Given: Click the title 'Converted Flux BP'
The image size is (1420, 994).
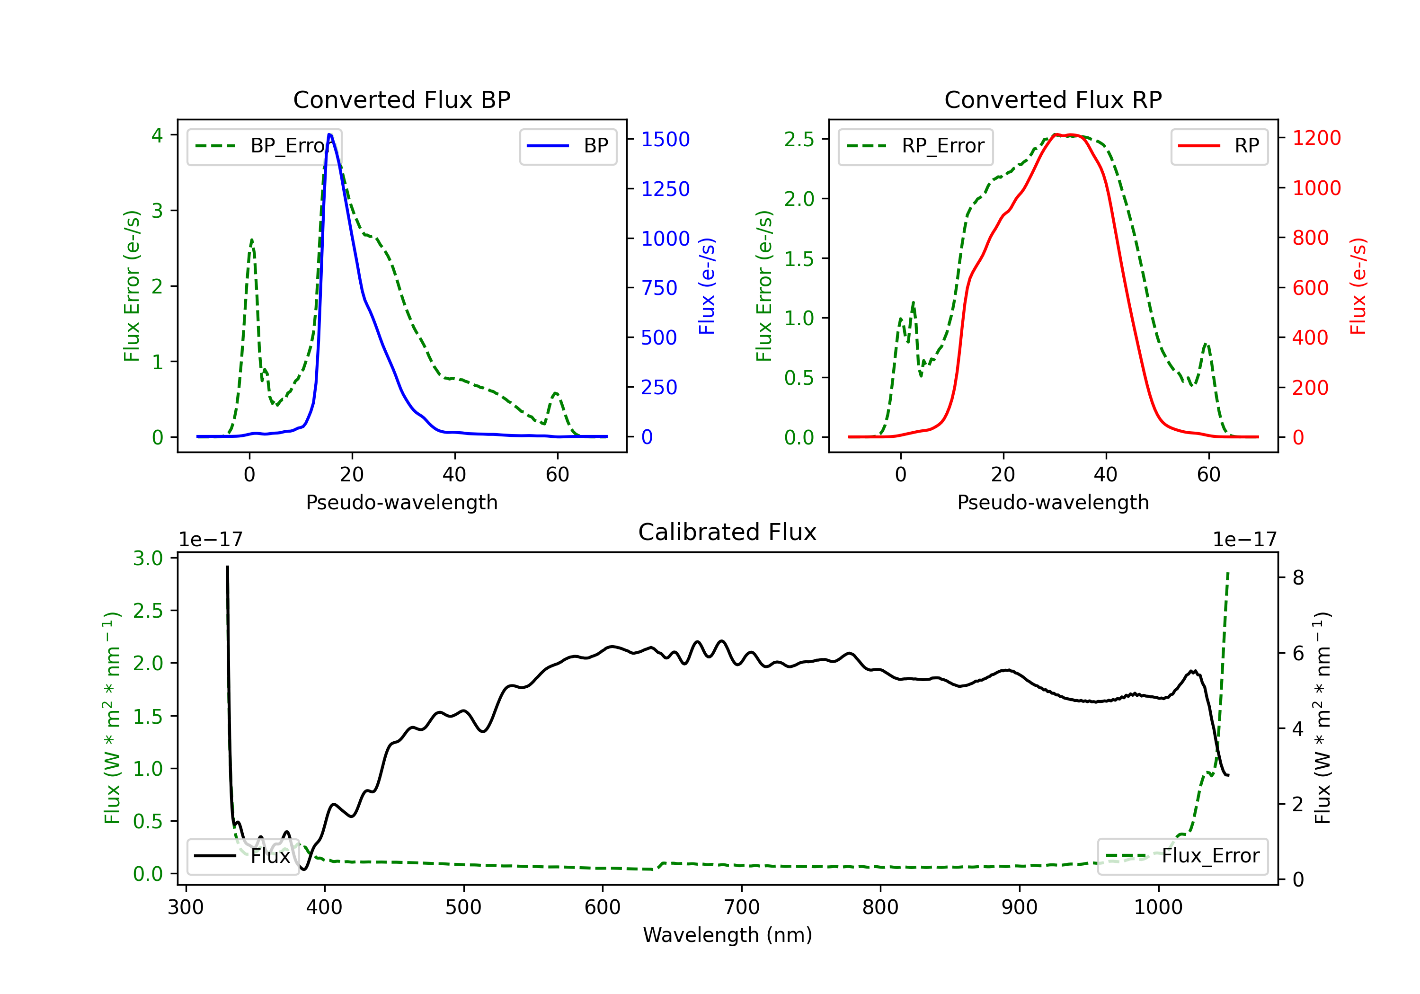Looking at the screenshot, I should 401,99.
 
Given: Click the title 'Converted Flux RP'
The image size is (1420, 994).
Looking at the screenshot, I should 1053,99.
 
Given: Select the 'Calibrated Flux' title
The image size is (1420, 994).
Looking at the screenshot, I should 728,532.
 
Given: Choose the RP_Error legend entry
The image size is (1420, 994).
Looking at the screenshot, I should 915,146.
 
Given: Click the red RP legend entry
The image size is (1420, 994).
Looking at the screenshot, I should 1219,146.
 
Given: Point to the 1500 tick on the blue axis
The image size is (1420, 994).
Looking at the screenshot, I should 666,139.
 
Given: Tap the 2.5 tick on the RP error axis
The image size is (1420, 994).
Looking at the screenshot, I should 799,139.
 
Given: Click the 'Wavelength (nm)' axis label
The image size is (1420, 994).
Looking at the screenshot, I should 728,935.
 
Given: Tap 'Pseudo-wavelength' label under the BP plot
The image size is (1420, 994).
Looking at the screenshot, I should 401,502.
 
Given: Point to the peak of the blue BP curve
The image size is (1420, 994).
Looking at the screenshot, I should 329,134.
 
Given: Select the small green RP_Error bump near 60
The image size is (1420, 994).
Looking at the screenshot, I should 1206,344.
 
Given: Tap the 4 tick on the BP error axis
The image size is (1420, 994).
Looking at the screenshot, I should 157,135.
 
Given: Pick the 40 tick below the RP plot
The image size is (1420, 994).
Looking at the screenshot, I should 1106,474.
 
